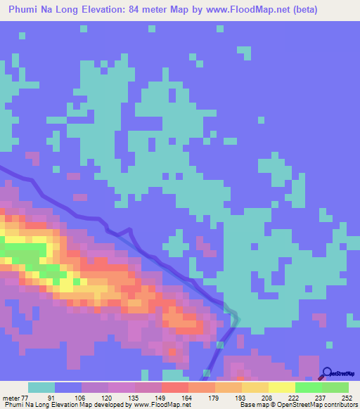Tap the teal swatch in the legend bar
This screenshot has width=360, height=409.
[x=41, y=387]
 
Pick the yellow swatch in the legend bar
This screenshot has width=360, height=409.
[x=281, y=387]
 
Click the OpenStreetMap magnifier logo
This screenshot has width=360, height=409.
[x=328, y=374]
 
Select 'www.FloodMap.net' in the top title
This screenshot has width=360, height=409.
[x=240, y=10]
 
